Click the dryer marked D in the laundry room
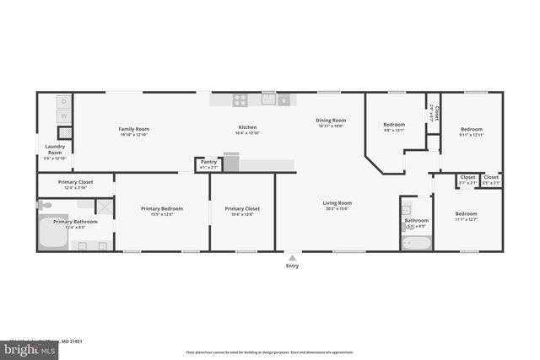tap(64, 101)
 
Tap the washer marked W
tap(64, 116)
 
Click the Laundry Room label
tap(54, 149)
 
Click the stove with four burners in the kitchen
tap(240, 99)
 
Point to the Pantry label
tap(208, 162)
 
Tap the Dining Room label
tap(331, 121)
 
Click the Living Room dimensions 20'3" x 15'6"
tap(337, 208)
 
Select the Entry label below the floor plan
tap(292, 266)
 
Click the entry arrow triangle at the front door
tap(292, 257)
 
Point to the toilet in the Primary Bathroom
tap(46, 205)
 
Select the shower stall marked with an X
tap(103, 207)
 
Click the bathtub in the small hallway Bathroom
tap(416, 243)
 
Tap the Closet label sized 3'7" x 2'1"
tap(467, 177)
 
